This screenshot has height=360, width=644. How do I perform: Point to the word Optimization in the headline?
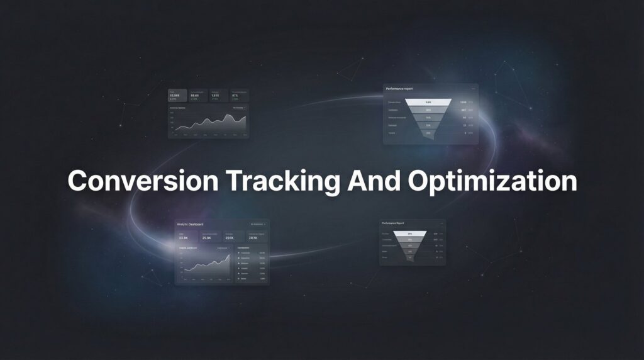[492, 181]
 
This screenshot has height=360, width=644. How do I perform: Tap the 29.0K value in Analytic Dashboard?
[207, 239]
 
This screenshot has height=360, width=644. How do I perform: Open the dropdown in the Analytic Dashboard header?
[258, 224]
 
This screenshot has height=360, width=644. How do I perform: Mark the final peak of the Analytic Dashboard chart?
[229, 255]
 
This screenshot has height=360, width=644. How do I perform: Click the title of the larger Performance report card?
[400, 89]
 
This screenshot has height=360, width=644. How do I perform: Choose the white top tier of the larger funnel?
[428, 102]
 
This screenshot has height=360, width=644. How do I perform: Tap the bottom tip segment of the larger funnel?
[428, 133]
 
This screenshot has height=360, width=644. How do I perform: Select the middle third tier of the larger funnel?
[428, 118]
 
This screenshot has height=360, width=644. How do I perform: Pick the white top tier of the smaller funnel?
[410, 233]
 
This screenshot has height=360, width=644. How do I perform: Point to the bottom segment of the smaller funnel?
[410, 257]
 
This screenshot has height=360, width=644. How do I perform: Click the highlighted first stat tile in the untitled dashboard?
[177, 96]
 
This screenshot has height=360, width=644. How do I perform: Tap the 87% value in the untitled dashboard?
[235, 95]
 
